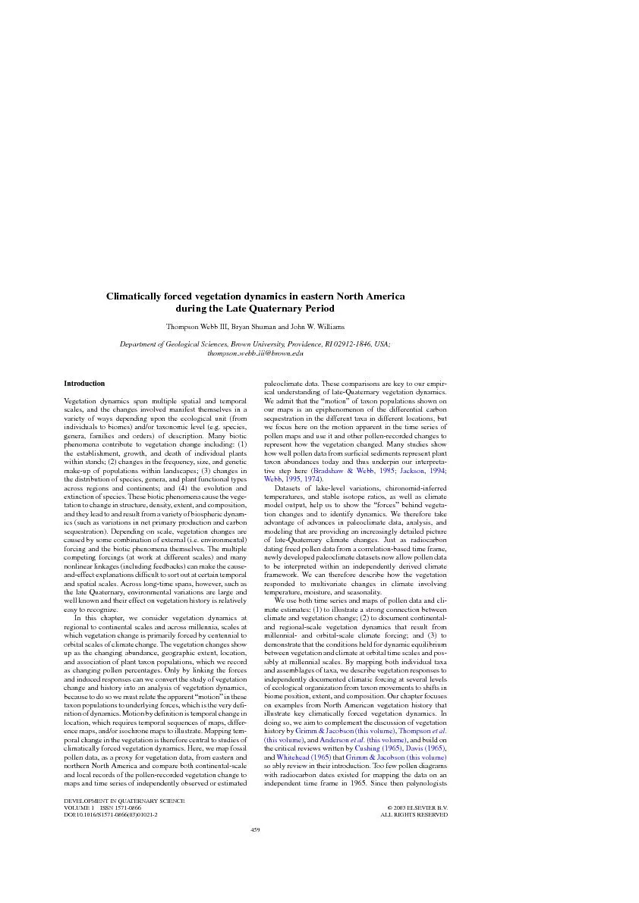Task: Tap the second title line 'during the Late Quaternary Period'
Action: click(x=255, y=309)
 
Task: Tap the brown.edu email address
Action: click(x=255, y=353)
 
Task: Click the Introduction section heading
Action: click(x=84, y=384)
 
